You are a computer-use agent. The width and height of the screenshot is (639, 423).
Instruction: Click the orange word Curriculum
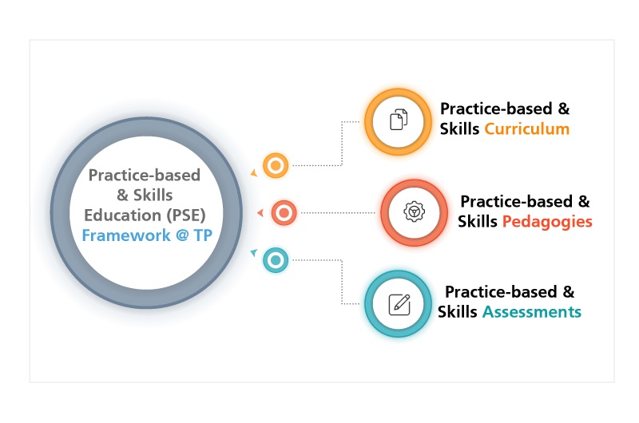coord(526,129)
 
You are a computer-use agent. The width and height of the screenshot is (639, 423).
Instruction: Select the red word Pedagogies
coord(547,222)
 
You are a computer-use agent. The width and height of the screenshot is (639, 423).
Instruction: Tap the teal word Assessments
coord(532,312)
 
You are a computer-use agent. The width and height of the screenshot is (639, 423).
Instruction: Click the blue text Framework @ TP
coord(147,235)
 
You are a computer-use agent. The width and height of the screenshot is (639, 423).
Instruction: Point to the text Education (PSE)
coord(145,215)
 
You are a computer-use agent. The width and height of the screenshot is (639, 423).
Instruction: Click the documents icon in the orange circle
coord(399,120)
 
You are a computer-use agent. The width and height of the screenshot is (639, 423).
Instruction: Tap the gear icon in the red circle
coord(414,211)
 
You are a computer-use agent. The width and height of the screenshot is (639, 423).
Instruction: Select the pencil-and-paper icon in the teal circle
coord(399,305)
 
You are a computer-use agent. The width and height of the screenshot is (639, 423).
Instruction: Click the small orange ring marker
coord(276,165)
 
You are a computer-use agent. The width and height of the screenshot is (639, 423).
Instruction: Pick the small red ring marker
coord(284,212)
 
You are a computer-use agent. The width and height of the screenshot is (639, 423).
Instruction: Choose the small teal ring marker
coord(276,259)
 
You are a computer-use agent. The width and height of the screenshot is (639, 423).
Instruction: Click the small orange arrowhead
coord(254,173)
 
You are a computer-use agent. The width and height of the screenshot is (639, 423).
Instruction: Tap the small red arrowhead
coord(261,212)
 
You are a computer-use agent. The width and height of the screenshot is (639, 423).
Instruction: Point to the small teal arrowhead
coord(254,252)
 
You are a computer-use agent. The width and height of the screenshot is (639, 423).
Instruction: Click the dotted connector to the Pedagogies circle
coord(338,212)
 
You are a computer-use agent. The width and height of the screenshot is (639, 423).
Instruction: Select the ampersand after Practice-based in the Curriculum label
coord(564,109)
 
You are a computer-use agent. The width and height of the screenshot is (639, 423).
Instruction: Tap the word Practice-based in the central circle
coord(145,175)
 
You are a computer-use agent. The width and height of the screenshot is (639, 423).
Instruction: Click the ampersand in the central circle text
coord(122,196)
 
